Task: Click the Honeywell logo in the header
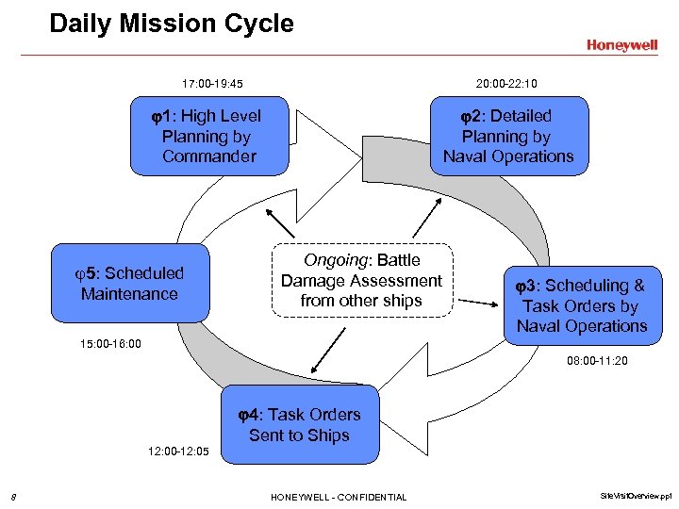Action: click(x=621, y=44)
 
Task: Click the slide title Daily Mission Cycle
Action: click(x=172, y=24)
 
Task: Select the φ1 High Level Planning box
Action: click(x=208, y=136)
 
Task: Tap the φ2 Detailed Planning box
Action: click(x=508, y=136)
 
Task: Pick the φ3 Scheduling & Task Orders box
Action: click(x=581, y=305)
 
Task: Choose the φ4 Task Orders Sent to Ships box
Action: click(x=299, y=425)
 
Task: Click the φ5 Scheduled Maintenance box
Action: click(x=129, y=284)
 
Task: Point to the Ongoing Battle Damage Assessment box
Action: click(x=361, y=280)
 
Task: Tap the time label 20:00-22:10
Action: click(x=506, y=84)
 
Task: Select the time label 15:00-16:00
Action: click(x=110, y=344)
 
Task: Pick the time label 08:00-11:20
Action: click(x=598, y=361)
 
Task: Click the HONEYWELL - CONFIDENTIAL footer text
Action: click(x=339, y=497)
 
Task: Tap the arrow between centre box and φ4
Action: click(x=326, y=349)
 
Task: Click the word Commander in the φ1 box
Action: click(x=208, y=156)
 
